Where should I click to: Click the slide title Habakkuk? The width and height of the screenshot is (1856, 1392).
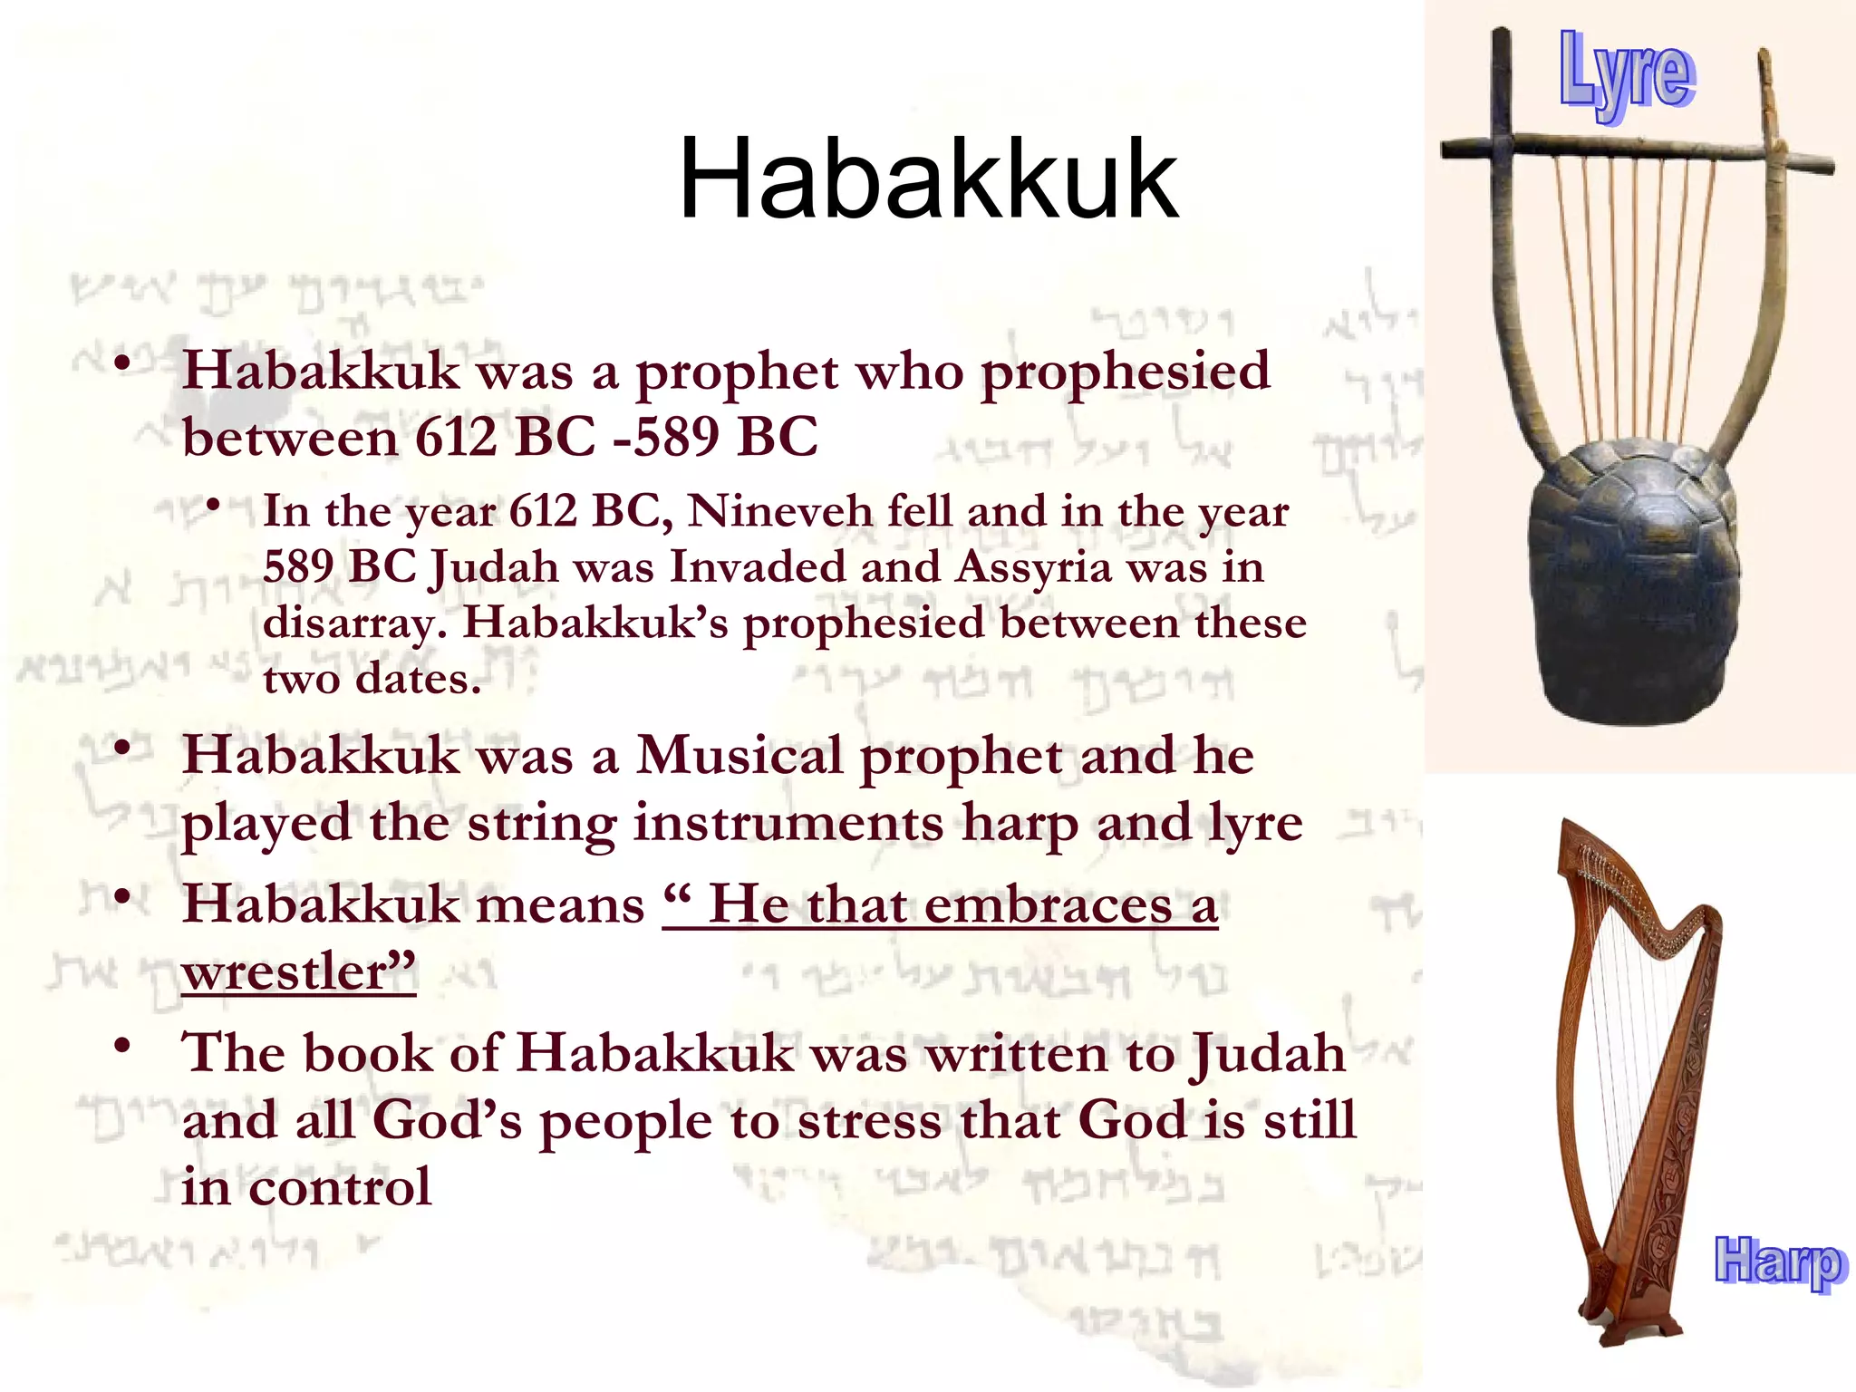(x=928, y=179)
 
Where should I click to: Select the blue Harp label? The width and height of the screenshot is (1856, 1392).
(x=1778, y=1261)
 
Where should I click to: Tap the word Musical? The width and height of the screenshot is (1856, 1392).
(x=739, y=756)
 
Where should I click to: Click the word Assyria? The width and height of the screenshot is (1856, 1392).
(x=1033, y=568)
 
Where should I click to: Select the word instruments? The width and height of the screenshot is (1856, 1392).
(x=788, y=824)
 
